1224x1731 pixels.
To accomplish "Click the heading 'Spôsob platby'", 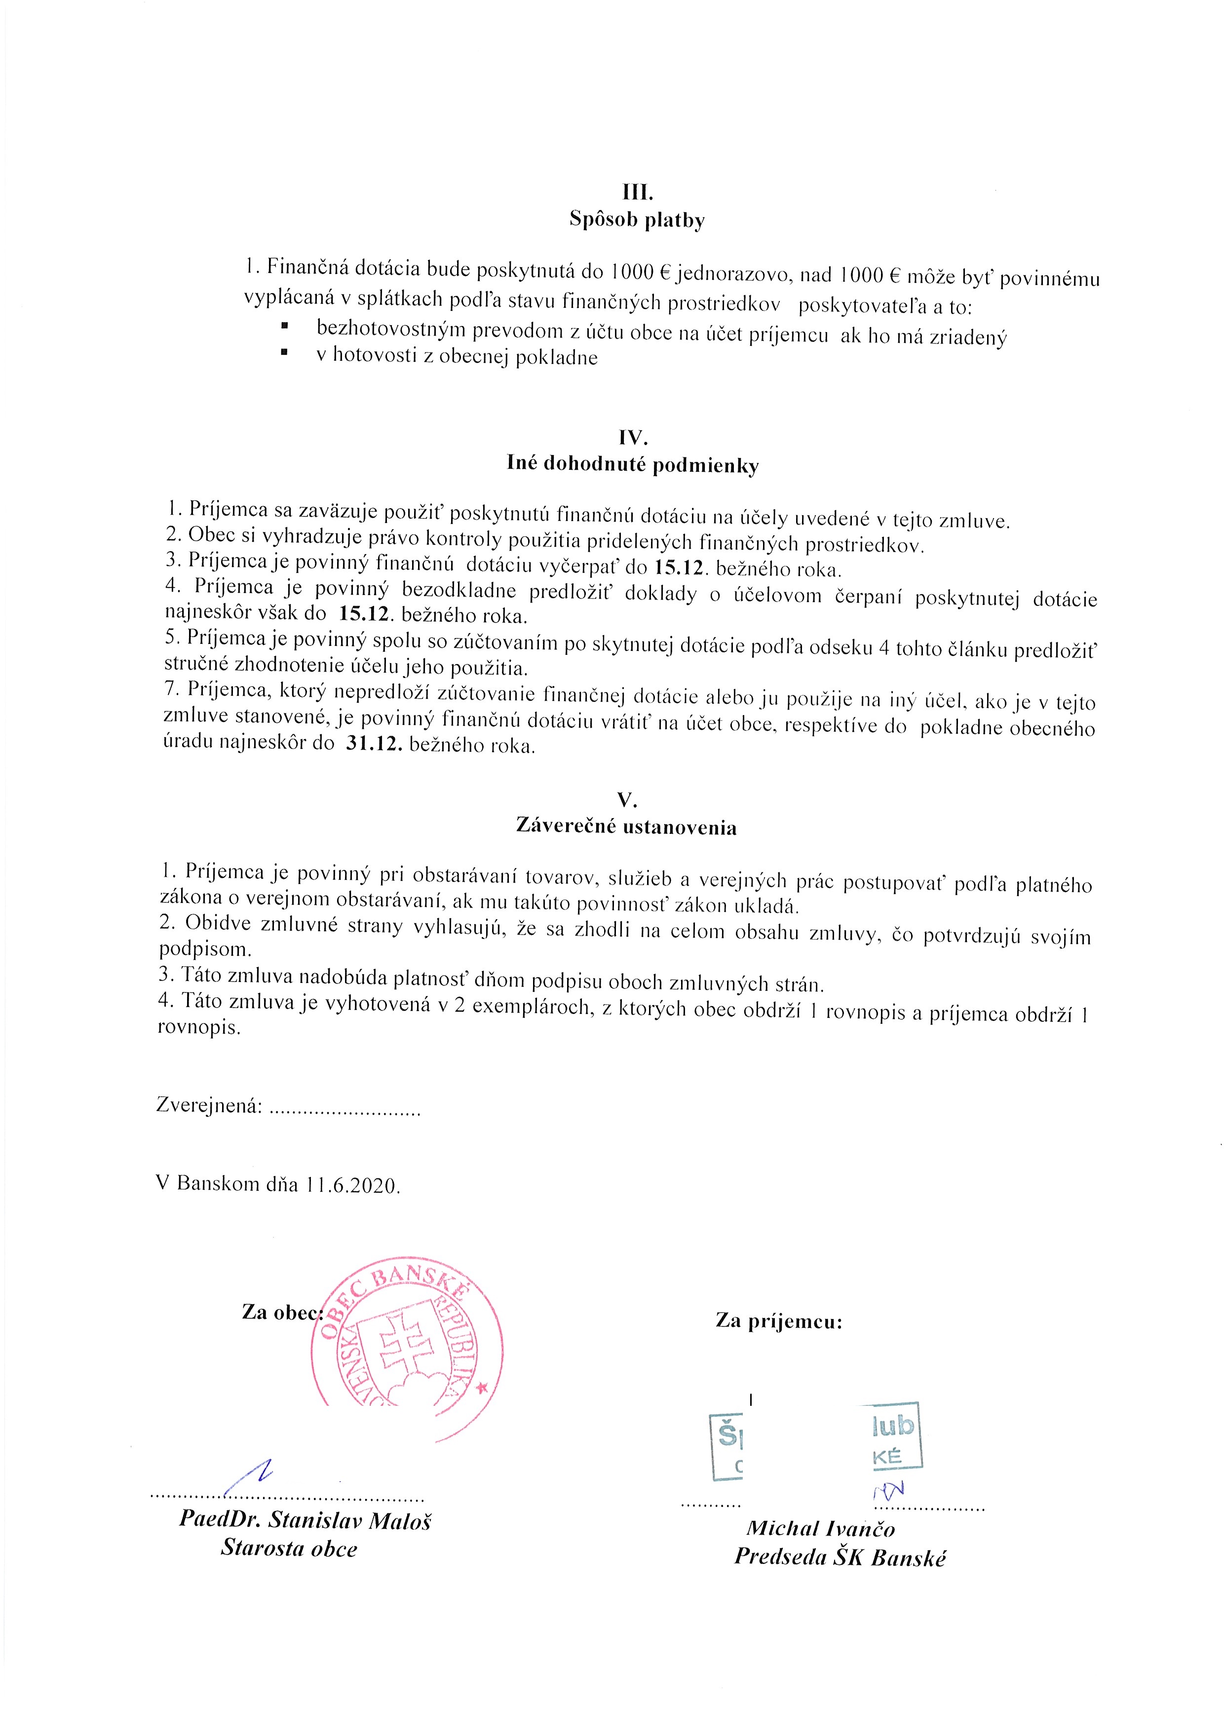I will click(637, 221).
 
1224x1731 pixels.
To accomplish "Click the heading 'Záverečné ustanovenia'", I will click(626, 827).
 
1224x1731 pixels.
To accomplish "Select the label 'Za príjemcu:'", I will click(779, 1321).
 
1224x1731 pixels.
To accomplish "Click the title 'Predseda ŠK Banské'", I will click(840, 1558).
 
